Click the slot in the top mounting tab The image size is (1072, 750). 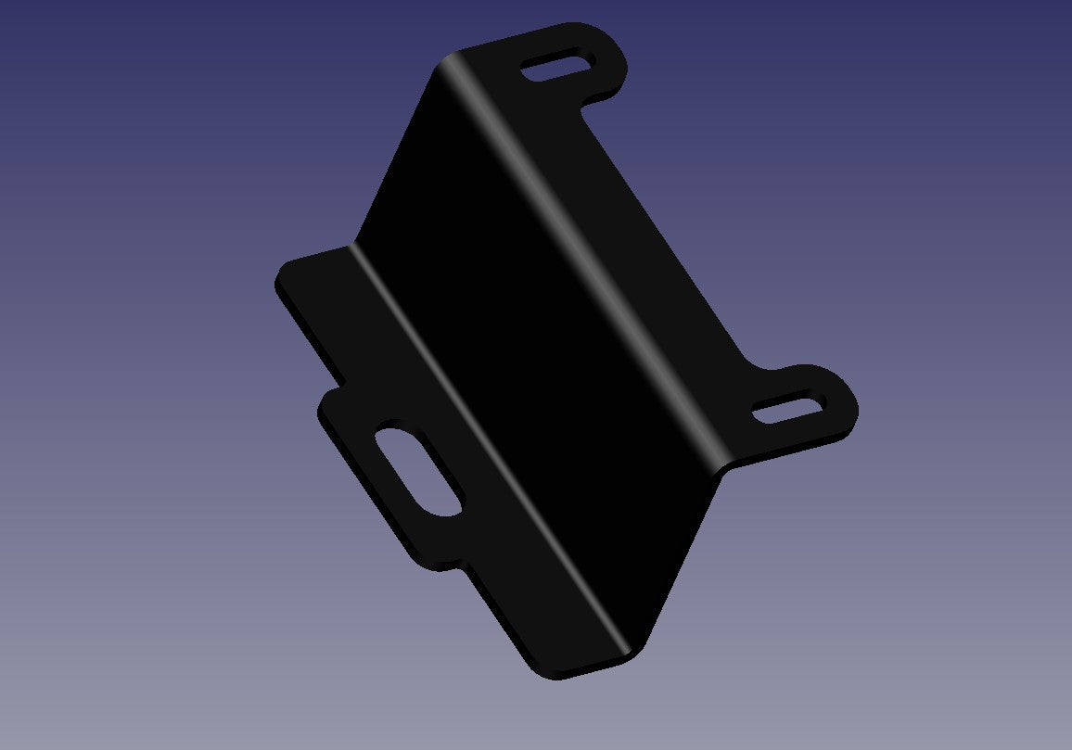[557, 68]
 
